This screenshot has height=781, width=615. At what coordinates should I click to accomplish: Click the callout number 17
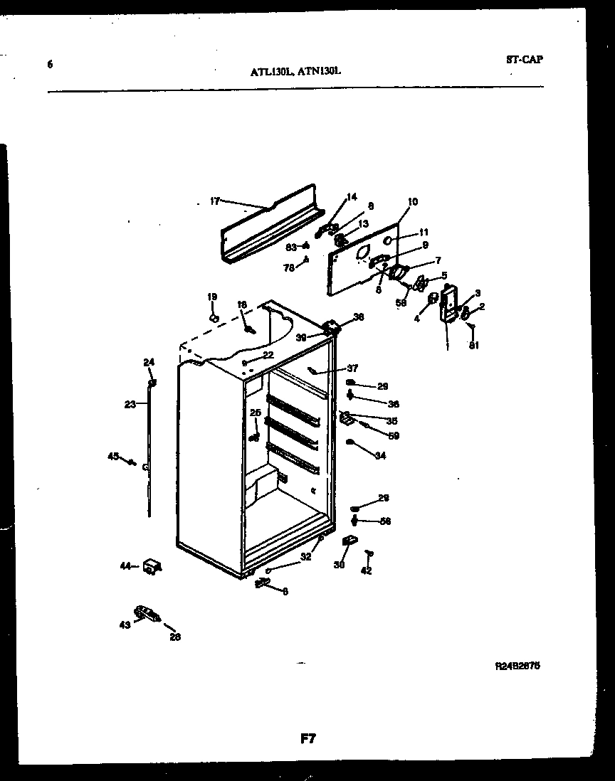coord(215,201)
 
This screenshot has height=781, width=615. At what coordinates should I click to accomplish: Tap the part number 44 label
coord(125,566)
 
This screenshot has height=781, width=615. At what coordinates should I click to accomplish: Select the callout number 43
coord(125,625)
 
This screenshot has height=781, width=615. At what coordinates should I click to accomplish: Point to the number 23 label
coord(130,405)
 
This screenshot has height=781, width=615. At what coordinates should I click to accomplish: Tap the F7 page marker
coord(307,739)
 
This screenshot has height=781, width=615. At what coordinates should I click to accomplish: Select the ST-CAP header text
coord(524,60)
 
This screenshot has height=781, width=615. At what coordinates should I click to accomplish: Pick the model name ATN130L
coord(320,70)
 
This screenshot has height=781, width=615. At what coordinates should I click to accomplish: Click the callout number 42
coord(366,570)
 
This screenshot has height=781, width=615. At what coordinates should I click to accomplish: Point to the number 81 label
coord(474,346)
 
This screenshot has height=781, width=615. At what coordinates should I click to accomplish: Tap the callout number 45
coord(112,456)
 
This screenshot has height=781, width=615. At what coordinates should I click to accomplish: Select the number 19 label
coord(212,297)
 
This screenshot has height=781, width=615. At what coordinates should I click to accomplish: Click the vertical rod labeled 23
coord(150,455)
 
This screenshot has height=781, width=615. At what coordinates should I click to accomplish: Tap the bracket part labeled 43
coord(145,614)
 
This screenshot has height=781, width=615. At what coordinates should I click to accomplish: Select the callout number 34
coord(380,456)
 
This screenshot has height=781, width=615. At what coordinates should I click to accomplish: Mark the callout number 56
coord(385,521)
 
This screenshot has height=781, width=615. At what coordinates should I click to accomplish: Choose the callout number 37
coord(352,368)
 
